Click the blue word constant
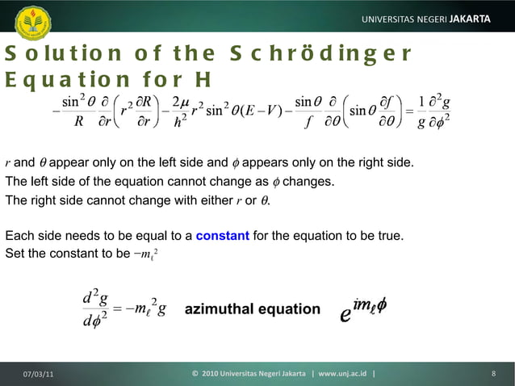pos(222,236)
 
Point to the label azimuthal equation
pos(252,309)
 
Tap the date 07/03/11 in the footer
pos(39,374)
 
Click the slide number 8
pos(493,374)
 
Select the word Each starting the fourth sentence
pos(19,236)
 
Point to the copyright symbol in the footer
pos(195,374)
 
